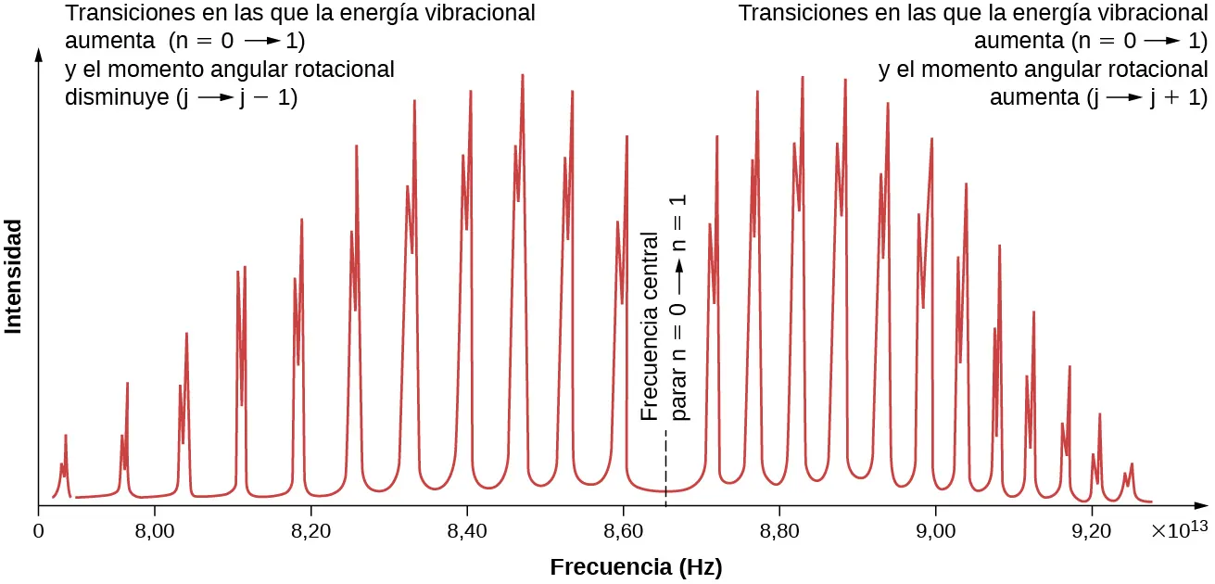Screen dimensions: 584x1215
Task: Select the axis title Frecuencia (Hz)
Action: [636, 566]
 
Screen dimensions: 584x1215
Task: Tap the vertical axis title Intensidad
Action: [14, 275]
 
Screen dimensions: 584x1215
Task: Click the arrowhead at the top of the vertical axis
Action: [38, 54]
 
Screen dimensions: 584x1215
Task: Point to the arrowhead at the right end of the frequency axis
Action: [1201, 506]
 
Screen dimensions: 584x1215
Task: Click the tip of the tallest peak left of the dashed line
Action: [523, 75]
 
